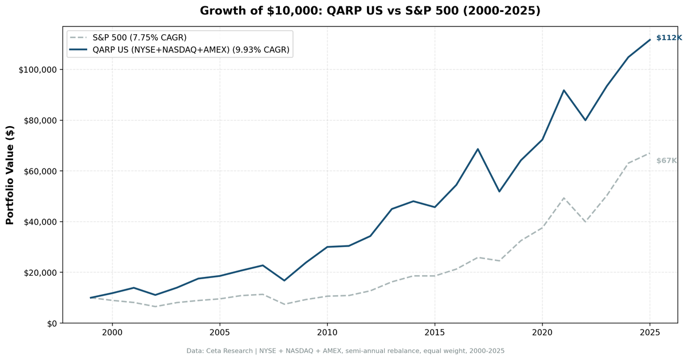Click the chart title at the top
[x=370, y=11]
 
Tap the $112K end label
[x=669, y=38]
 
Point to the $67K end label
[x=666, y=161]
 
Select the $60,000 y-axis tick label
[x=39, y=171]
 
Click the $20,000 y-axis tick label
[x=39, y=273]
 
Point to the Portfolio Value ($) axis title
[x=10, y=175]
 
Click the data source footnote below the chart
[x=345, y=351]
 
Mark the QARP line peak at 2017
[x=478, y=149]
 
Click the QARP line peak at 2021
[x=564, y=90]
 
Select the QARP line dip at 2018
[x=499, y=191]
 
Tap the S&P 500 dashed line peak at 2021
[x=564, y=198]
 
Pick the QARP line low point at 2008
[x=284, y=280]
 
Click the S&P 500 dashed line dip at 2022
[x=585, y=222]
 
